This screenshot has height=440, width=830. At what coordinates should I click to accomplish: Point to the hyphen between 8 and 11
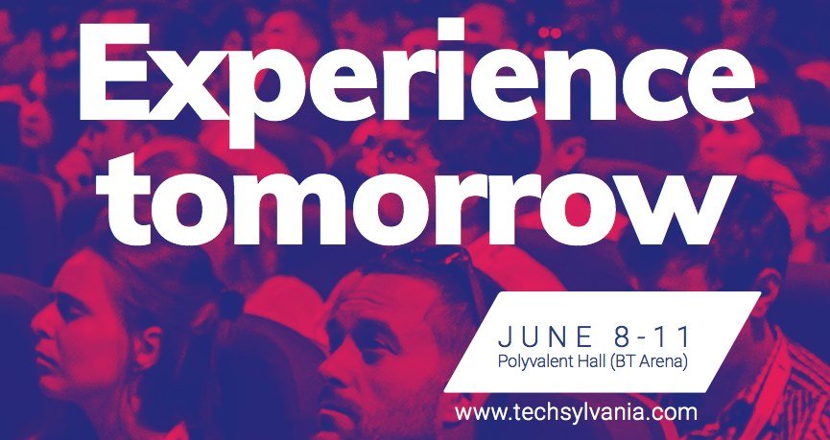click(x=651, y=339)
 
